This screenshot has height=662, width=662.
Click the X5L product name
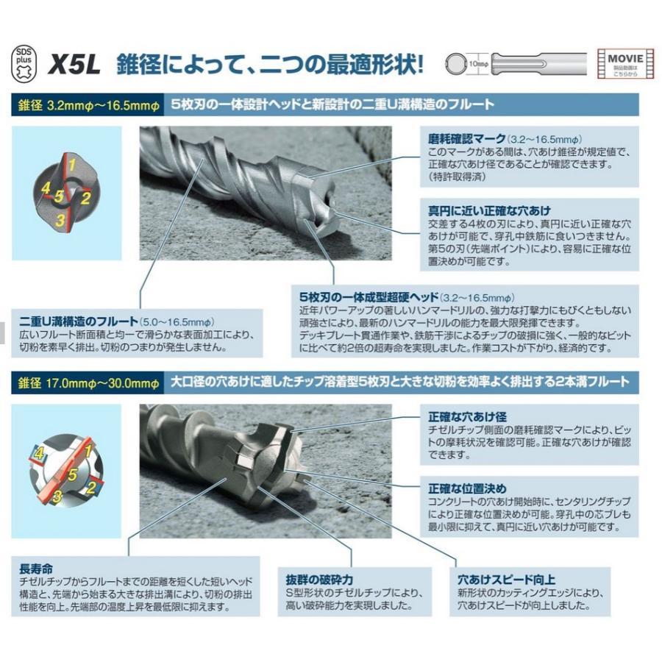(x=76, y=65)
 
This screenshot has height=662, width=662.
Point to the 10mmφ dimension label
(x=477, y=65)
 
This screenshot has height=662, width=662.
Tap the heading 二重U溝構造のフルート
(x=79, y=321)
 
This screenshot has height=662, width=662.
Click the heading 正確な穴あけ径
(x=467, y=416)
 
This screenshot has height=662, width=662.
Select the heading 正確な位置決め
(x=467, y=488)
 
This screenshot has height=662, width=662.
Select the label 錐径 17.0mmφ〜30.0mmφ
(x=89, y=382)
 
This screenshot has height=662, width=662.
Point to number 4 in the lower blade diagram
(x=38, y=452)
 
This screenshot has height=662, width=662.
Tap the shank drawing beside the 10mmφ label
(x=537, y=64)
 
